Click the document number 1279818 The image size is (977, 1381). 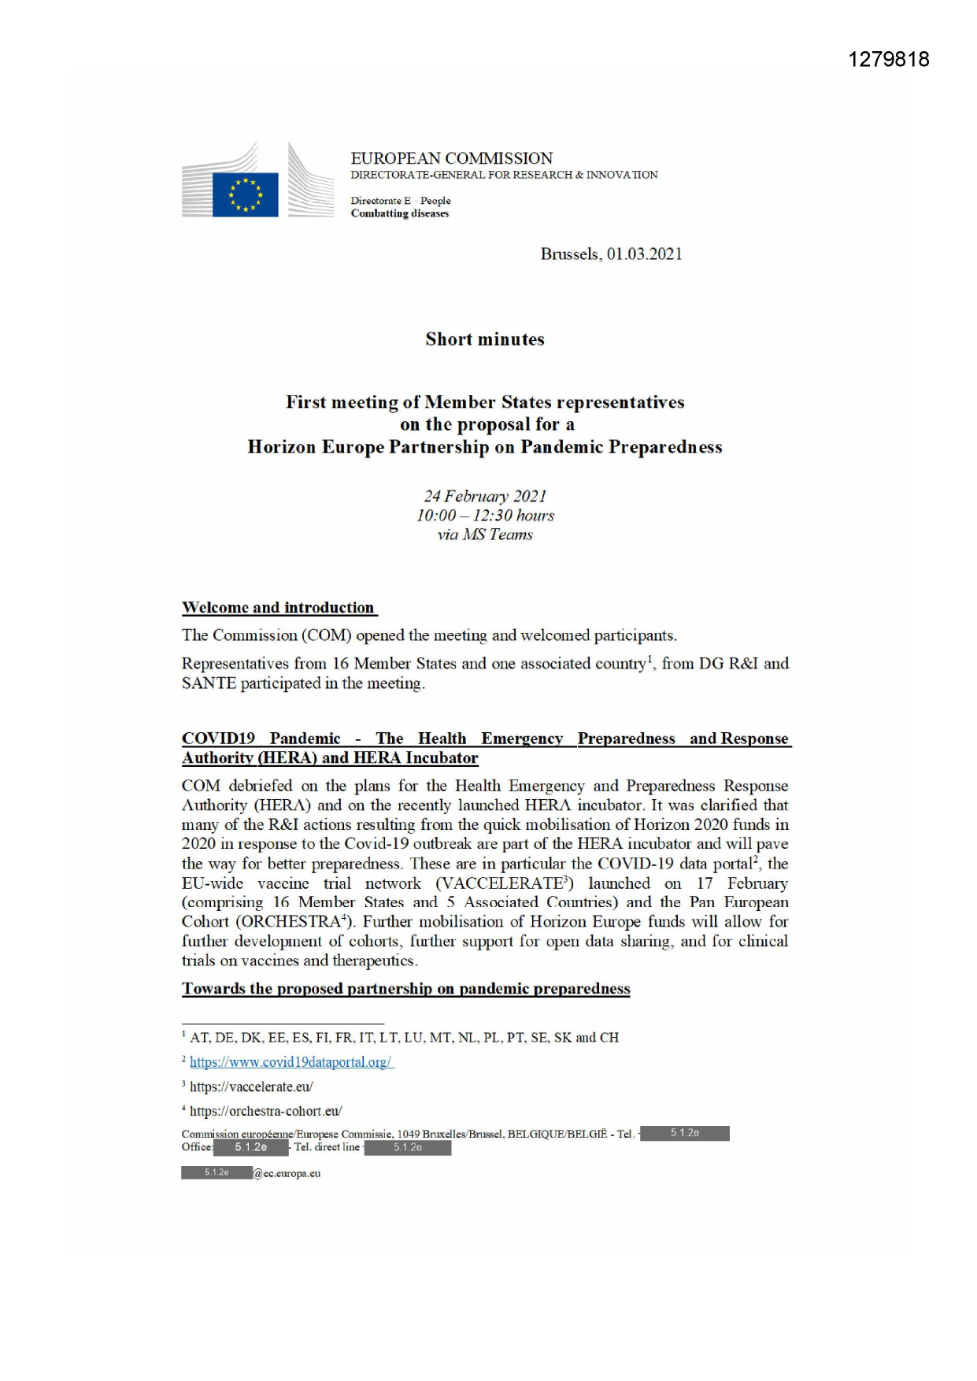point(888,60)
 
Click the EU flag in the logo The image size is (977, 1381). point(246,194)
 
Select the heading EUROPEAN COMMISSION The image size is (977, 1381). point(451,158)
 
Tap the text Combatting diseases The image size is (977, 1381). point(399,213)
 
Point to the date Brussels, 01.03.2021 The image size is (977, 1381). point(611,254)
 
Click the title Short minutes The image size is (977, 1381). point(485,339)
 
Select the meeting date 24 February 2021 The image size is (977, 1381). point(485,496)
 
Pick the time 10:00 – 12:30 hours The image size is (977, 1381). point(485,516)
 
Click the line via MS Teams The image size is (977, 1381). point(485,535)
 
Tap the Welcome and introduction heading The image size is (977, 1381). point(279,608)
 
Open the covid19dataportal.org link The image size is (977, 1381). point(291,1062)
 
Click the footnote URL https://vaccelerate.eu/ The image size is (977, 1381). point(251,1087)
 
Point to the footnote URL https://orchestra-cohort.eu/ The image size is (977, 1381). point(265,1111)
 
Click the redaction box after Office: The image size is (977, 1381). point(251,1147)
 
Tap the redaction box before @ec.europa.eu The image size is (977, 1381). point(216,1172)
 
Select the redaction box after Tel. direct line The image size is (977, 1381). point(408,1147)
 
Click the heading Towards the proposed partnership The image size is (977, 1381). point(405,989)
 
